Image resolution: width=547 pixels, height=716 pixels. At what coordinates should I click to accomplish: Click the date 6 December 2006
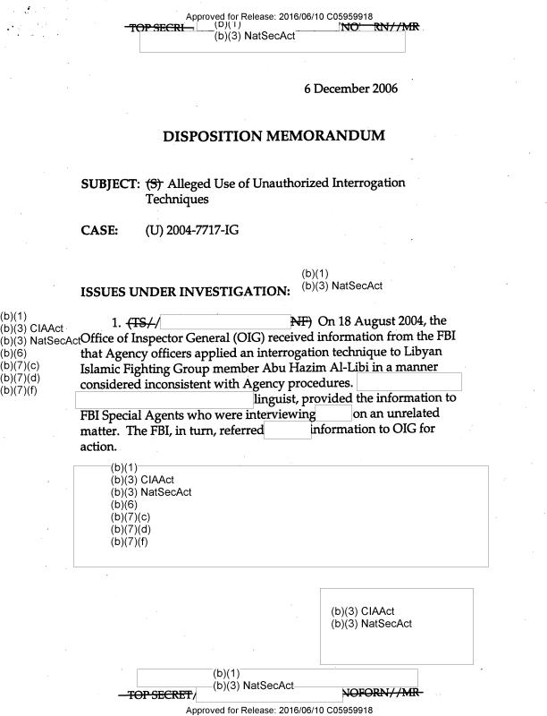[x=350, y=89]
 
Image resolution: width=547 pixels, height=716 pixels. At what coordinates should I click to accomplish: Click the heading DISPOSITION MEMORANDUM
[x=273, y=136]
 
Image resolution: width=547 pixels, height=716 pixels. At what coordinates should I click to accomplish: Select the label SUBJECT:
[x=110, y=183]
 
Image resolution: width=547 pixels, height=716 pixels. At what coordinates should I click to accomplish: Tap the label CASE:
[x=98, y=231]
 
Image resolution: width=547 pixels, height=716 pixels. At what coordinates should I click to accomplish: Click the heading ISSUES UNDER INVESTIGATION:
[x=185, y=292]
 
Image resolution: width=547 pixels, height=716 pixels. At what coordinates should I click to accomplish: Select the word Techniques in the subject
[x=176, y=200]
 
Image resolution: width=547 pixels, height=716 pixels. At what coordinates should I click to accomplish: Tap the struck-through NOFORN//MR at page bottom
[x=380, y=694]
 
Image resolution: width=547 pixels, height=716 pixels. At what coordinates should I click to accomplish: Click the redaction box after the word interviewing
[x=333, y=413]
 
